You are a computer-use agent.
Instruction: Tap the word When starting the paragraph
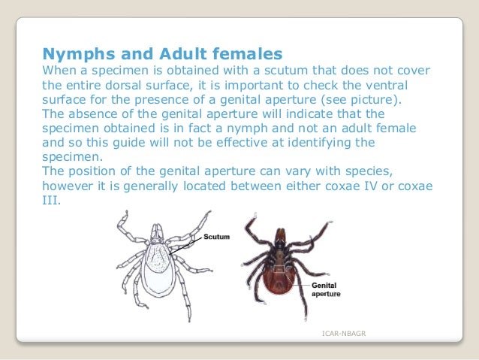tap(58, 71)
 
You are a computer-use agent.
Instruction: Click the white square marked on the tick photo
tap(279, 270)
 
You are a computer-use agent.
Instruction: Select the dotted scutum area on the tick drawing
tap(159, 255)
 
